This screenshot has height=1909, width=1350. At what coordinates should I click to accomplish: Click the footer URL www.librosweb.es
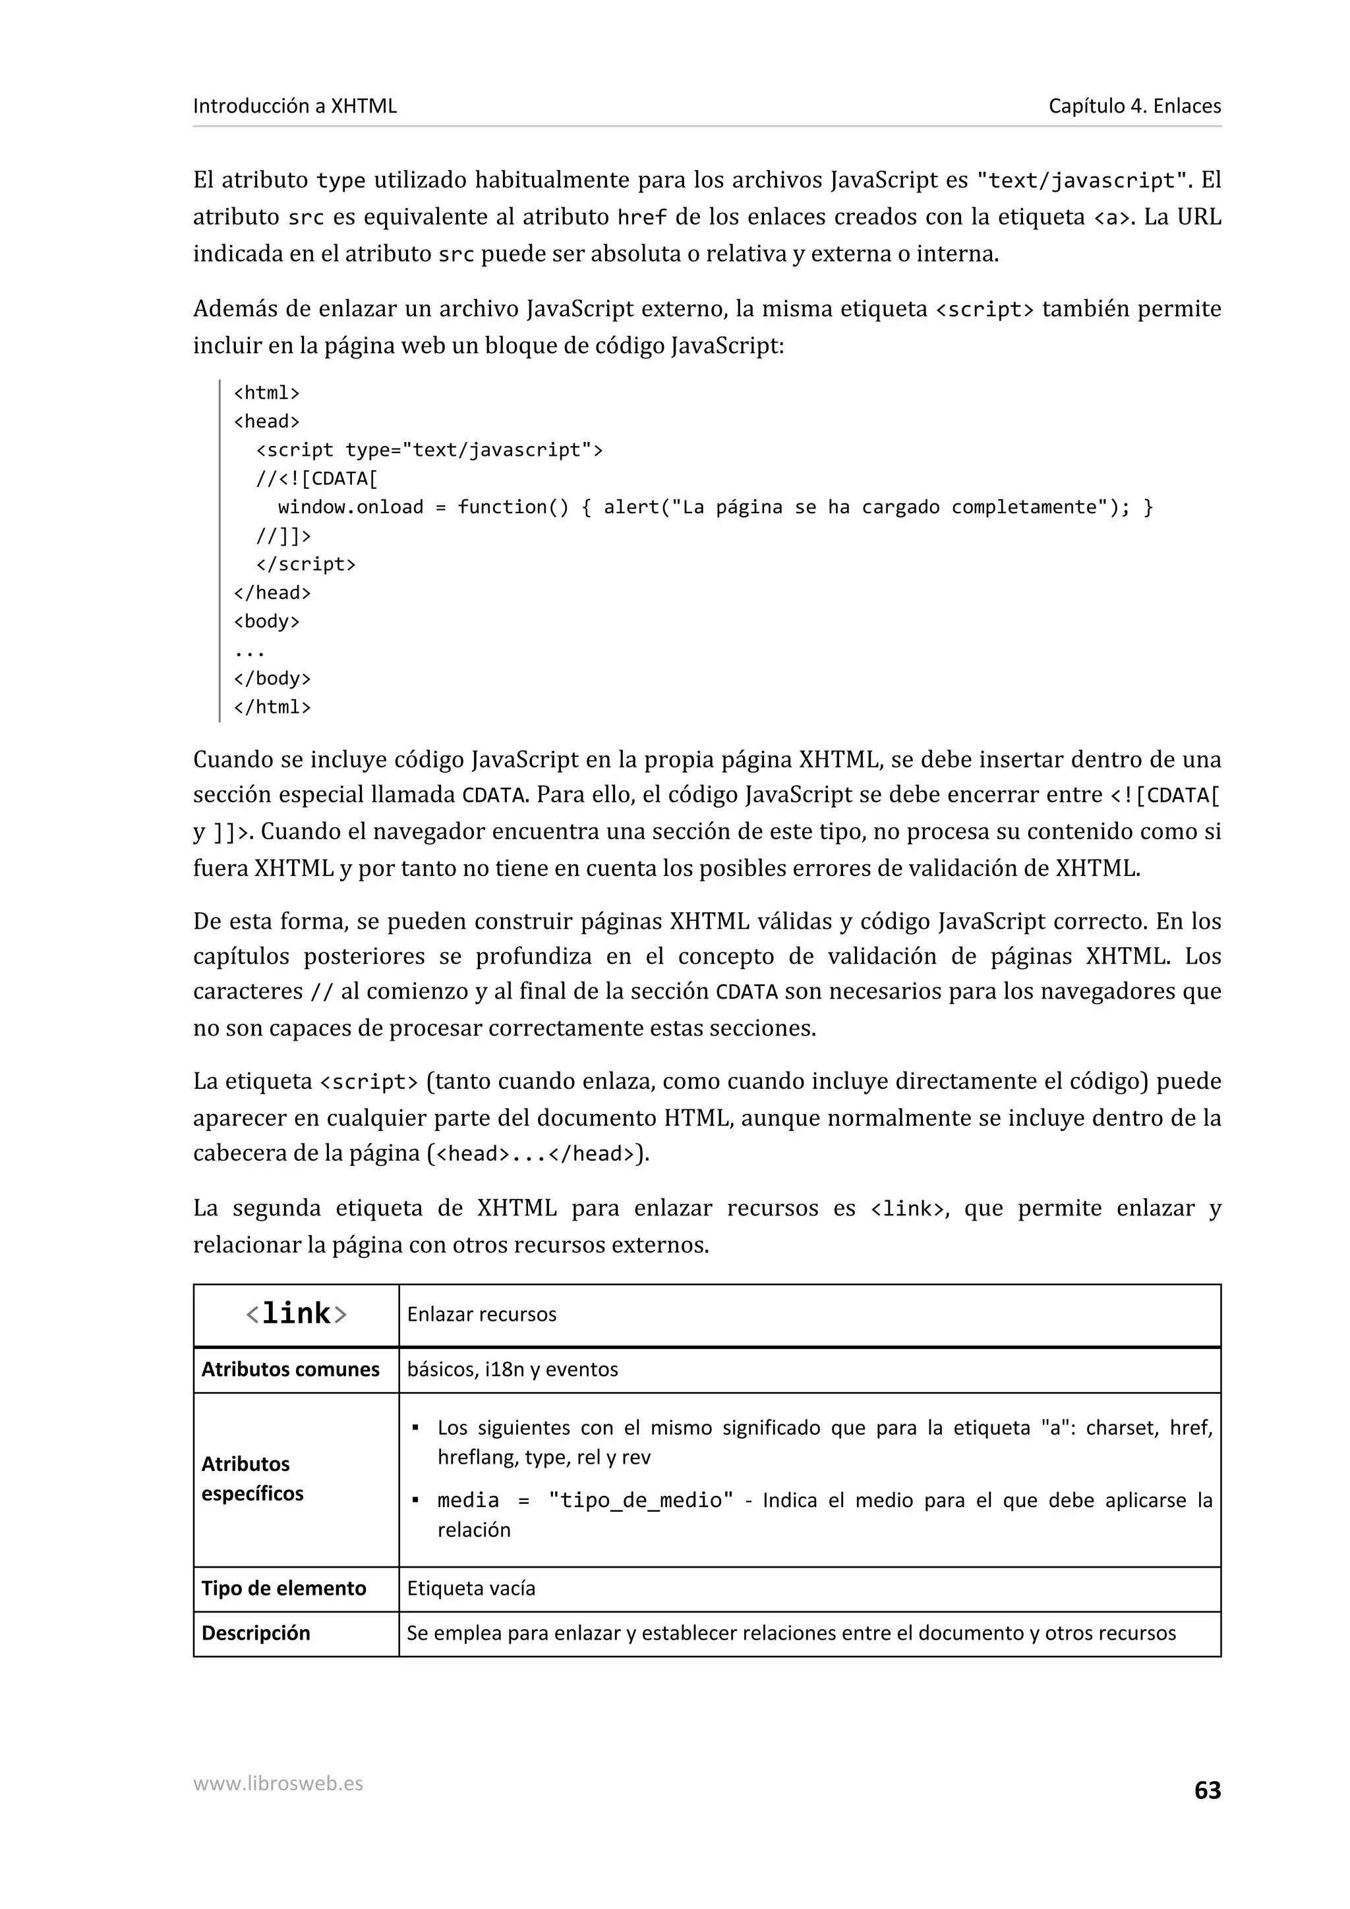(x=278, y=1783)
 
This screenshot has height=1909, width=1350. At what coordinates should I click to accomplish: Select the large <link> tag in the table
(x=296, y=1313)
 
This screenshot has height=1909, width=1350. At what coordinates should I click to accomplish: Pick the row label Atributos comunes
(x=289, y=1369)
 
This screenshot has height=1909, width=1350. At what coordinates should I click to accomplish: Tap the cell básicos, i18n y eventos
(x=512, y=1369)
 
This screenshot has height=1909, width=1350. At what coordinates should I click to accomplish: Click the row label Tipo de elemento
(x=283, y=1588)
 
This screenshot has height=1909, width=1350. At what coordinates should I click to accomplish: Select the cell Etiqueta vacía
(x=471, y=1588)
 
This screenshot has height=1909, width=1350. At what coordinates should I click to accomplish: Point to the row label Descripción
(x=255, y=1632)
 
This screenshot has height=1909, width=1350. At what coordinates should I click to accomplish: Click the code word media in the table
(x=467, y=1500)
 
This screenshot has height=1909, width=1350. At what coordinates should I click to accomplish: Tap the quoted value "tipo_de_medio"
(x=641, y=1500)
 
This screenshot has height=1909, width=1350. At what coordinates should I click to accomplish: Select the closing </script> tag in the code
(x=305, y=564)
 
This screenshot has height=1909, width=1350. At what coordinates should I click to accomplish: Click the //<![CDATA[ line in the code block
(x=317, y=478)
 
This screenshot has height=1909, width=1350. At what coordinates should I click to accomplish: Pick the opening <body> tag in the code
(x=266, y=621)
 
